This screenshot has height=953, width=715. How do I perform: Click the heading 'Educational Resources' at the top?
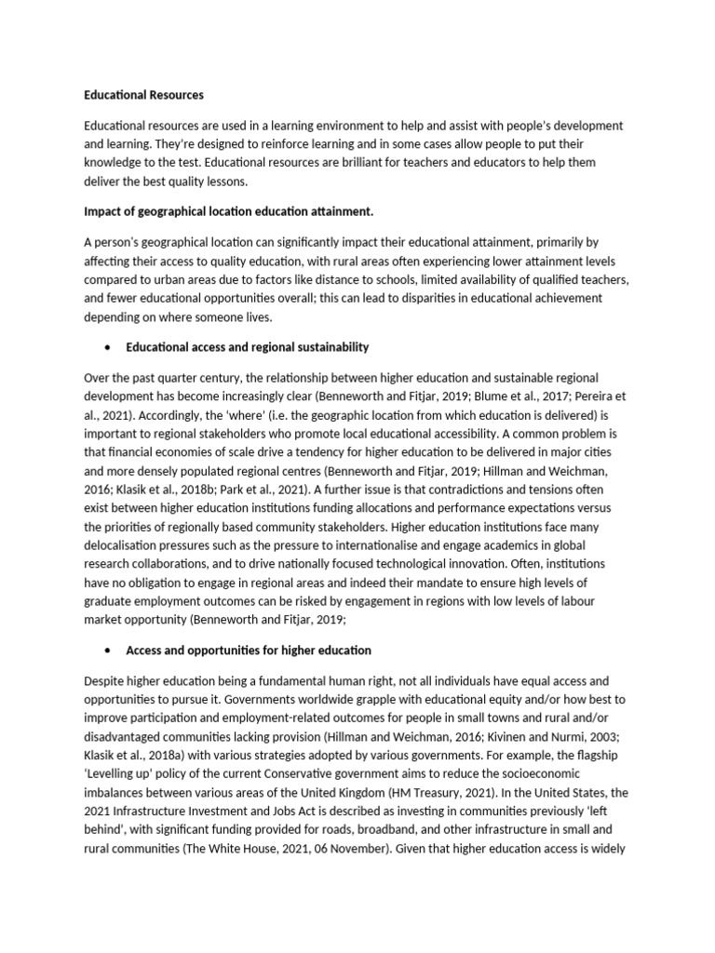point(143,95)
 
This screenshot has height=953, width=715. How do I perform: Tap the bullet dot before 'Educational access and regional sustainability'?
point(110,347)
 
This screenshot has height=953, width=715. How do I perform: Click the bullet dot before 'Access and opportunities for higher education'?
point(110,650)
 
